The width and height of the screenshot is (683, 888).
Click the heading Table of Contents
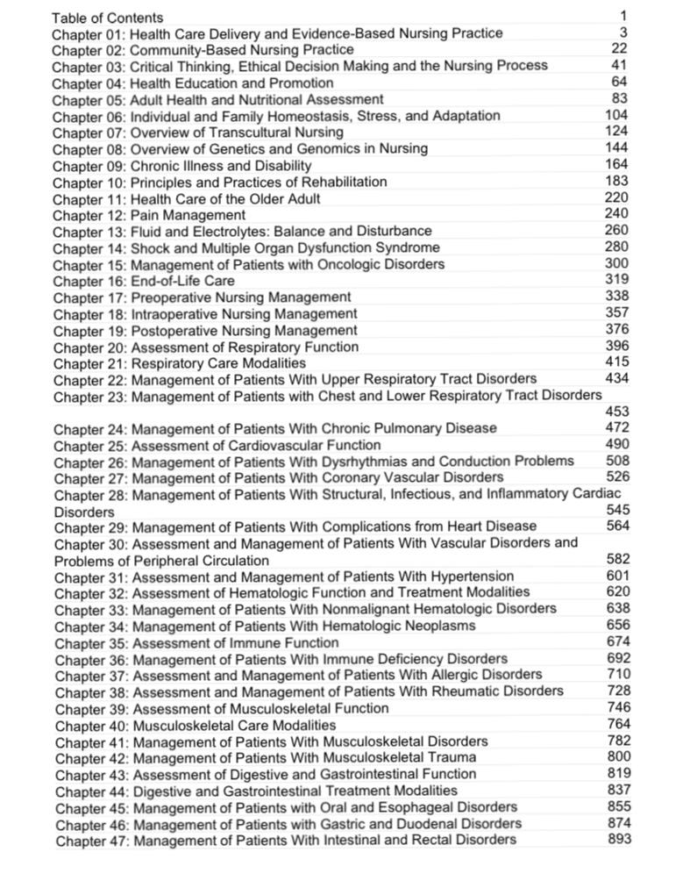107,18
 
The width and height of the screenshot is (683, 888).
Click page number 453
617,412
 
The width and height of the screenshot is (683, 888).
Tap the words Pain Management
188,215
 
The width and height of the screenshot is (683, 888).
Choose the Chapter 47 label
90,840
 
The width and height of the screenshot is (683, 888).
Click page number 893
619,839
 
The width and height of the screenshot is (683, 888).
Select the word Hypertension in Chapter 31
473,576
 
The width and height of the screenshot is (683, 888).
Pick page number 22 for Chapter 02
622,49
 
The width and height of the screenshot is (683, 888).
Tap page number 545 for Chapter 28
618,510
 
